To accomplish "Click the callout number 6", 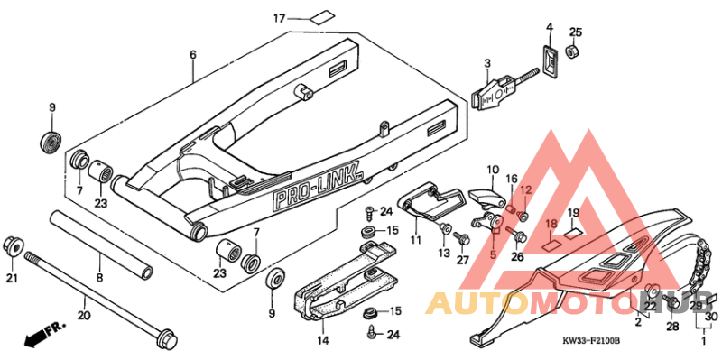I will [x=192, y=55].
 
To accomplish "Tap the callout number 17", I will [x=280, y=18].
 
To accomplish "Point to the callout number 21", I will [x=12, y=278].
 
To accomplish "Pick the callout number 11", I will [x=415, y=240].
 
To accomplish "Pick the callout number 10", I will [x=493, y=169].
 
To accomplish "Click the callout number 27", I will [x=463, y=260].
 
